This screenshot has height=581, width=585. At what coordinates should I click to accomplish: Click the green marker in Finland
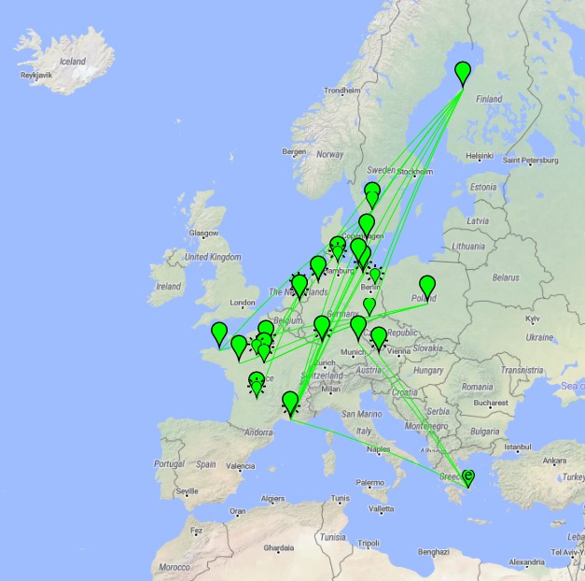pos(463,73)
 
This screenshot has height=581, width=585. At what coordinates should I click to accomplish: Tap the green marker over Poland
pos(427,286)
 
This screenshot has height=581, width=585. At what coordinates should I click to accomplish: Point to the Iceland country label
pos(72,62)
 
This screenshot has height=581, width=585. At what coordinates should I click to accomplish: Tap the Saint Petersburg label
pos(531,160)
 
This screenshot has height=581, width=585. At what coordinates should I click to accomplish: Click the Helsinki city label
pos(480,156)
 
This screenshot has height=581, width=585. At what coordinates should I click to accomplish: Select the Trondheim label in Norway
pos(341,91)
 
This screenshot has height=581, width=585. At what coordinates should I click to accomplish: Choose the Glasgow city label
pos(202,234)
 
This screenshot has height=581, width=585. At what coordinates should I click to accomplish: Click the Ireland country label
pos(169,287)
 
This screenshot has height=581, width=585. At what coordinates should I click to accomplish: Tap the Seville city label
pos(187,490)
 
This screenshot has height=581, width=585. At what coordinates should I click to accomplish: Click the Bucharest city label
pos(489,405)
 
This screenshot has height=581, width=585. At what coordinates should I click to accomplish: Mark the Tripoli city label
pos(369,543)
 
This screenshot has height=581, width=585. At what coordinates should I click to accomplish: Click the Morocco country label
pos(174,567)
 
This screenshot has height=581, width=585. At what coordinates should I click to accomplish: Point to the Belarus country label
pos(505,277)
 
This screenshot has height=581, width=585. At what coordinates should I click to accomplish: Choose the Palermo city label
pos(369,483)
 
